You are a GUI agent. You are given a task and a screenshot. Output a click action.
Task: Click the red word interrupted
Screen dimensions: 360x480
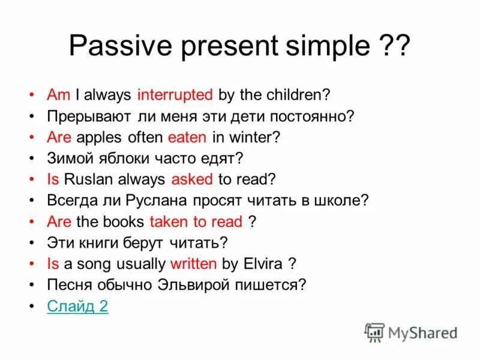pyautogui.click(x=175, y=95)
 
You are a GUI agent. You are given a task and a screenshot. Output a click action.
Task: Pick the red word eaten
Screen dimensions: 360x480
pyautogui.click(x=187, y=137)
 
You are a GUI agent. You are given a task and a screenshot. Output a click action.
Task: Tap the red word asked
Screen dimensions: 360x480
pyautogui.click(x=192, y=179)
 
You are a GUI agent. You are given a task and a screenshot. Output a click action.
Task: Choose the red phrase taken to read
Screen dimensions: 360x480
pyautogui.click(x=196, y=222)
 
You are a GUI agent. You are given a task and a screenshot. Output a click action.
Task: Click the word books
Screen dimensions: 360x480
pyautogui.click(x=123, y=222)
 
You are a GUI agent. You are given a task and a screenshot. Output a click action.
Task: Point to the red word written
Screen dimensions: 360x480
pyautogui.click(x=194, y=264)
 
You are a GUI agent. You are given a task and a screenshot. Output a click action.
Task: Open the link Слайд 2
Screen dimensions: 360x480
pyautogui.click(x=77, y=307)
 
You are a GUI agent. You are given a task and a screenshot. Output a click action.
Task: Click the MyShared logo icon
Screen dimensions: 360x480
pyautogui.click(x=374, y=332)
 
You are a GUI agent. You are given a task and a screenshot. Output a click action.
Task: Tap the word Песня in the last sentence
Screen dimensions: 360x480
pyautogui.click(x=67, y=286)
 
